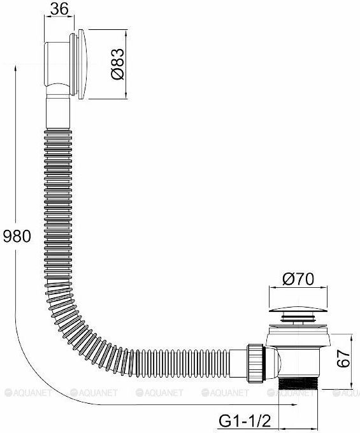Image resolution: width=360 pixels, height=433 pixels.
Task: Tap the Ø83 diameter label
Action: pos(117,64)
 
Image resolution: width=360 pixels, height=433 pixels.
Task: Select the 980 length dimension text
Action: pos(17,236)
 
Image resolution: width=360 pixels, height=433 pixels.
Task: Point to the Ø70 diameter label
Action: pos(298,279)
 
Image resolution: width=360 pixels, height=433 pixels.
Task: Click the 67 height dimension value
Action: pos(343,358)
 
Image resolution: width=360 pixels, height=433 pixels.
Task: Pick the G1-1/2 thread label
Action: pos(244,421)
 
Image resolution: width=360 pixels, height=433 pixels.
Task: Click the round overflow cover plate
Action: pos(82,64)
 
